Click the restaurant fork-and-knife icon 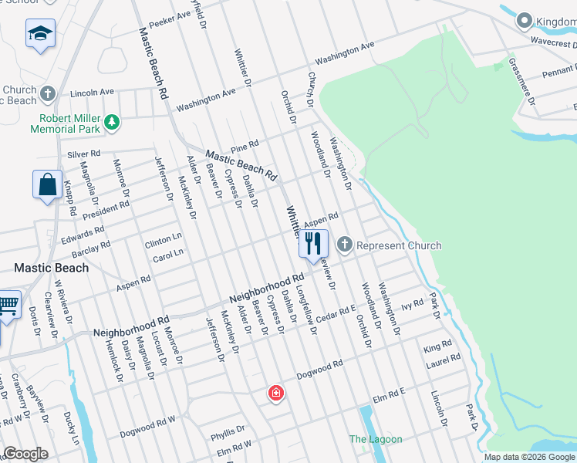[313, 245]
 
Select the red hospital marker [275, 394]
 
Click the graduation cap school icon [40, 34]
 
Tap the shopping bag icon [47, 185]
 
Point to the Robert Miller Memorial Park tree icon [112, 121]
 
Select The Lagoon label [376, 439]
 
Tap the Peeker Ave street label [170, 17]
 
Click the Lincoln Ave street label [92, 92]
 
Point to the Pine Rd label [244, 145]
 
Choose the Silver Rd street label [84, 154]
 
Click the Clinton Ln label [164, 242]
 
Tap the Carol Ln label [168, 254]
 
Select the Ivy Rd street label [413, 304]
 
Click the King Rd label [437, 348]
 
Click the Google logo [25, 454]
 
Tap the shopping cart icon [8, 306]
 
